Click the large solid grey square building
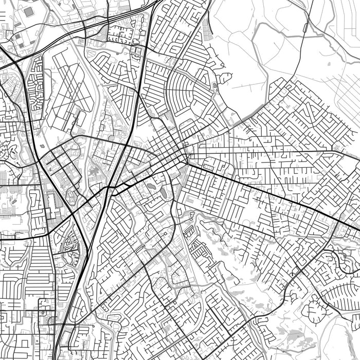29,11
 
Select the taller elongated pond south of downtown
163,192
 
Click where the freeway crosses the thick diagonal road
109,189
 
